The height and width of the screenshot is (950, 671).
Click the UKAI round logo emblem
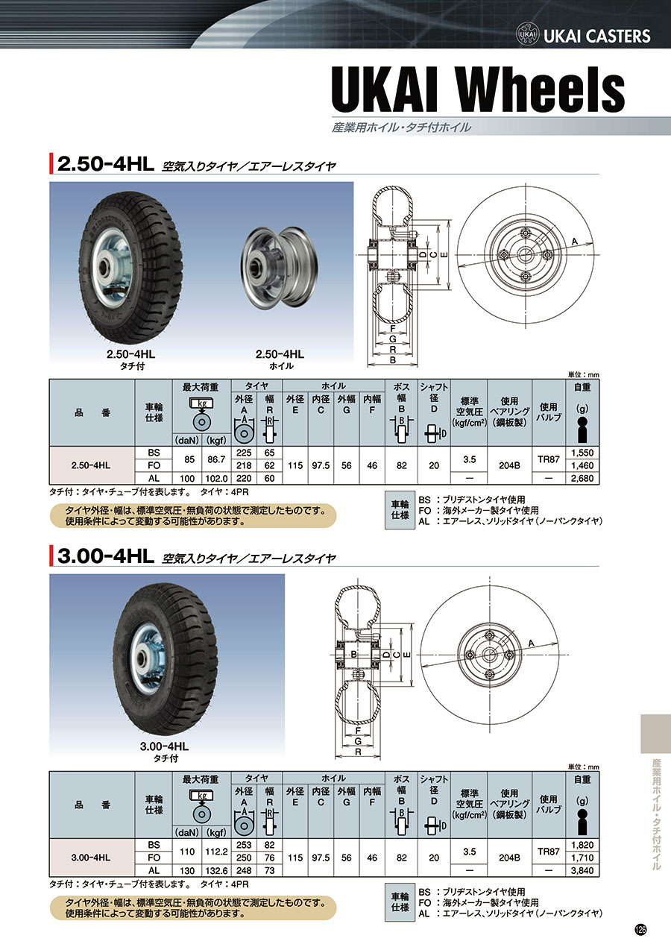(x=527, y=35)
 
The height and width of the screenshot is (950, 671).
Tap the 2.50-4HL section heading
(x=106, y=165)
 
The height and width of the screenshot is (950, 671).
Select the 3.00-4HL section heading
(x=106, y=557)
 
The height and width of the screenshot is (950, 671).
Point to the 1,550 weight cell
(x=582, y=453)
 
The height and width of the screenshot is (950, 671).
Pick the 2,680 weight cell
(x=582, y=479)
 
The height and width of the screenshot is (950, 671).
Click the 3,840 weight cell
(x=582, y=871)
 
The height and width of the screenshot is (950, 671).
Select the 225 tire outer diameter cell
(x=244, y=453)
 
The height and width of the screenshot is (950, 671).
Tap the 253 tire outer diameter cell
(x=244, y=845)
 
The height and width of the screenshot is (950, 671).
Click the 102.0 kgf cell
(x=216, y=479)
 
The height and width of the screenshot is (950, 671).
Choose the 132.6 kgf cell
(x=216, y=871)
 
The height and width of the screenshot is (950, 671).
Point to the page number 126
(x=640, y=931)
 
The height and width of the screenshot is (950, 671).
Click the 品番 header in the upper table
(x=92, y=412)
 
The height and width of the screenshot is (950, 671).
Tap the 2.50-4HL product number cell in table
(x=91, y=465)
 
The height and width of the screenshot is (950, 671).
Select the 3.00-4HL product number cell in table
(x=91, y=858)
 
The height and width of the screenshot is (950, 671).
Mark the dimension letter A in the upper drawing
(x=574, y=242)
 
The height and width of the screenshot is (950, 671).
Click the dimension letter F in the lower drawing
(x=358, y=731)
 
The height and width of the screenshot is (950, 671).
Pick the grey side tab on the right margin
(x=656, y=734)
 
